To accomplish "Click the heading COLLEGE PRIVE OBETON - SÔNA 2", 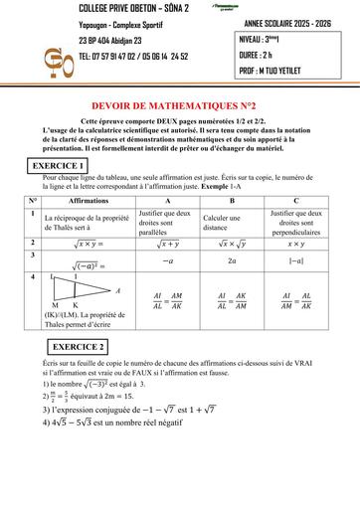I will tap(118, 8).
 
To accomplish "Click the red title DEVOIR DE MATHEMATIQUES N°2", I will tap(179, 102).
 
